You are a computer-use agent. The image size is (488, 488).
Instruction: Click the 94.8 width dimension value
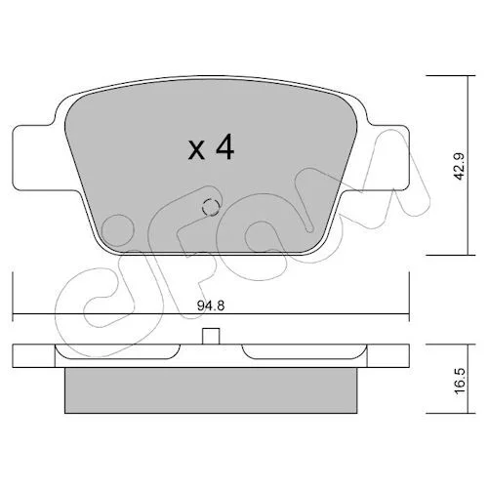(x=211, y=305)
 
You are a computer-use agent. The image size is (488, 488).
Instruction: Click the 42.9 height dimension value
(x=461, y=166)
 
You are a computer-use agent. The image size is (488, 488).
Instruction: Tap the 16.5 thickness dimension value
(x=461, y=382)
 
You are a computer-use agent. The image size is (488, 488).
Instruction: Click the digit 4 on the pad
(x=224, y=146)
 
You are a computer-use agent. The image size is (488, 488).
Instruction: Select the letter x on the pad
(x=196, y=150)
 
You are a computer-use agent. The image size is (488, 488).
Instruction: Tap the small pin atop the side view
(x=211, y=336)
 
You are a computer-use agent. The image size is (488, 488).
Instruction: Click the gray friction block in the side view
(x=211, y=390)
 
